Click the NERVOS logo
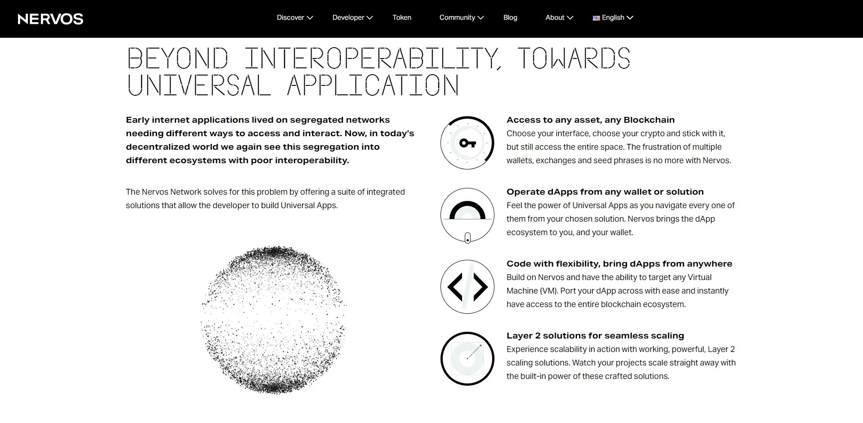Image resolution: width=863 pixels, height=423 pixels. [x=50, y=19]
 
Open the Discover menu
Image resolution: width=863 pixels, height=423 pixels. [x=294, y=18]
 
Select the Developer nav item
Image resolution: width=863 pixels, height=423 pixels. [x=352, y=18]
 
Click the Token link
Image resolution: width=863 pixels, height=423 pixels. [x=402, y=18]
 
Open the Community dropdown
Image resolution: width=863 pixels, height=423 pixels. [x=462, y=18]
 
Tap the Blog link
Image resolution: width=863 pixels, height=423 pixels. [x=510, y=18]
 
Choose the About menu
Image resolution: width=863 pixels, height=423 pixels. [x=559, y=18]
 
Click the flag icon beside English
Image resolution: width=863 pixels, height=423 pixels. [x=596, y=18]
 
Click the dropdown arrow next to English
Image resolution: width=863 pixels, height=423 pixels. [x=630, y=18]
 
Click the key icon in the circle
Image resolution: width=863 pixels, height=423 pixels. [x=467, y=143]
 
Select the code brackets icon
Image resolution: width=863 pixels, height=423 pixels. [x=467, y=287]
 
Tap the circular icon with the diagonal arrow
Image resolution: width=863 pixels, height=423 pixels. [x=467, y=359]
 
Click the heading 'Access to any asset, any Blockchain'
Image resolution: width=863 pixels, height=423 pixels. [x=590, y=120]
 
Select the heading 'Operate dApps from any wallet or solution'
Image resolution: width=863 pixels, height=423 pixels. [x=605, y=192]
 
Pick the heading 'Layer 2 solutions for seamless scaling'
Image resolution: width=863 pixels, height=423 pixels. [x=595, y=336]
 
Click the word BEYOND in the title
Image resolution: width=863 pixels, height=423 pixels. [x=178, y=58]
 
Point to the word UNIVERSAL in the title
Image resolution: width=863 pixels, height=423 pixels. [x=199, y=85]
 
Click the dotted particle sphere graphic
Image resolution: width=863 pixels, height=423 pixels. [x=274, y=320]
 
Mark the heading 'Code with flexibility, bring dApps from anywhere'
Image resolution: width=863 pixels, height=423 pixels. [x=619, y=264]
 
